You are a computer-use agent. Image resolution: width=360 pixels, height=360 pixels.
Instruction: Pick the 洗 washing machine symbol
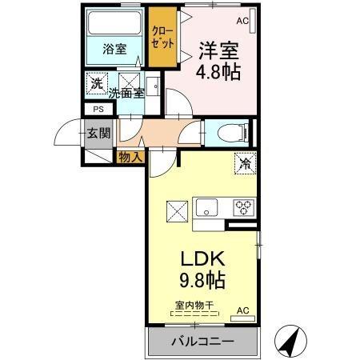(96, 82)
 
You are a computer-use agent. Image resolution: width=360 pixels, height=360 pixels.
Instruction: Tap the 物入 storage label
(129, 156)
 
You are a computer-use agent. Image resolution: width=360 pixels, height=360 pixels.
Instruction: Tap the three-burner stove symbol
(242, 207)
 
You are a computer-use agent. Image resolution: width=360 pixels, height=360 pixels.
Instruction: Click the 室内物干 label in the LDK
(194, 305)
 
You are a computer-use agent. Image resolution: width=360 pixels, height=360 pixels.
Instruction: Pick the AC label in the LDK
(243, 309)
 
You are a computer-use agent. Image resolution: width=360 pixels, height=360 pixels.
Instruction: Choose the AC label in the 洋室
(242, 22)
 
